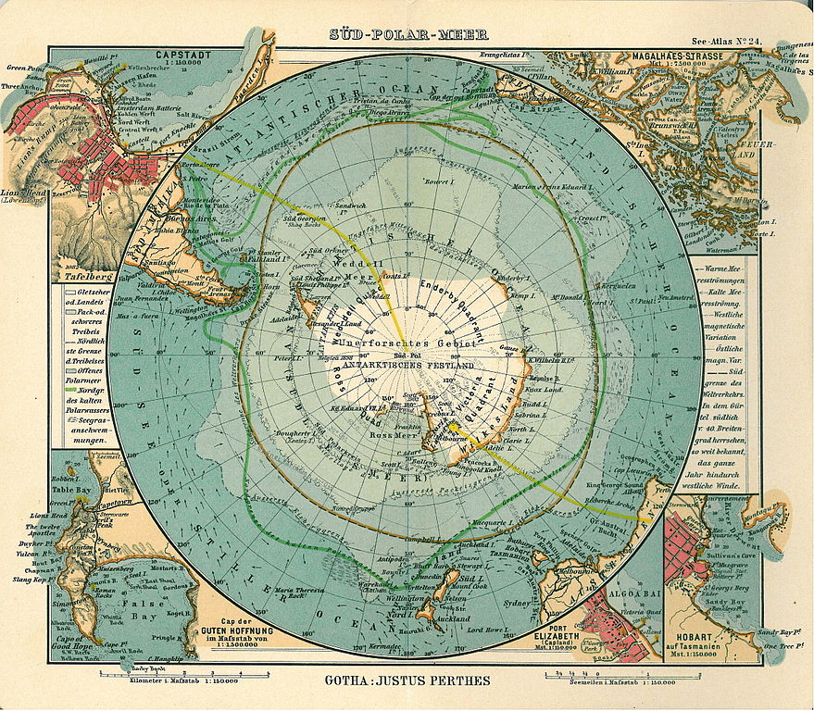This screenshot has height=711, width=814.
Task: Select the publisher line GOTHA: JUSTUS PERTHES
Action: (407, 681)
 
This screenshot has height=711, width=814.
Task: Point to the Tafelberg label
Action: (86, 276)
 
